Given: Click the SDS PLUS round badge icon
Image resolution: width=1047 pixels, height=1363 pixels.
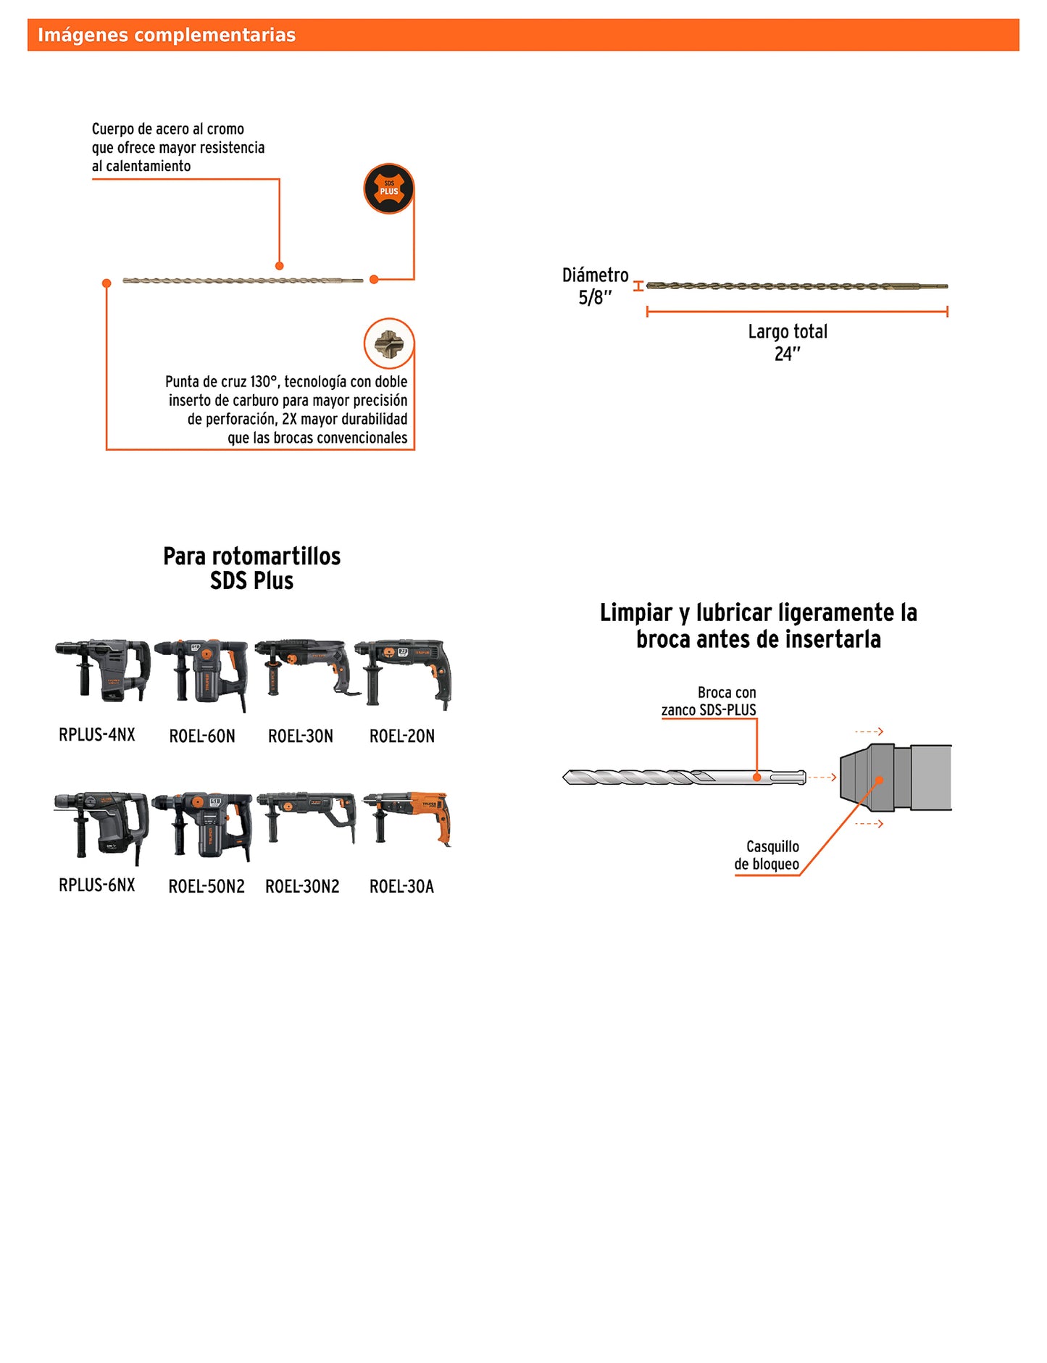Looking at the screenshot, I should pos(388,189).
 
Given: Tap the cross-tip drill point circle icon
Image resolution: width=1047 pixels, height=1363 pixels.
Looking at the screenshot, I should pos(389,343).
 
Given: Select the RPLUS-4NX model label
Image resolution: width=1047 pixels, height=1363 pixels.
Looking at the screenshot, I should pos(97,735).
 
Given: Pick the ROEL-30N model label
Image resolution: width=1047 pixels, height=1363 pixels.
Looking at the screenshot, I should pos(301,736).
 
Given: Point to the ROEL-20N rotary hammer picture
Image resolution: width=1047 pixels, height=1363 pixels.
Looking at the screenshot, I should pos(403,672).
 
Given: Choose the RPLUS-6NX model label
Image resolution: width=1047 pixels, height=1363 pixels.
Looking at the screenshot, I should pos(97,885).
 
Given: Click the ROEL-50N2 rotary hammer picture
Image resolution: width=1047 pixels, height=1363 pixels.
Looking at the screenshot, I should pos(204,826).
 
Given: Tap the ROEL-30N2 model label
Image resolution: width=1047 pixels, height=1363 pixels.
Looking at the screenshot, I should pos(302,886).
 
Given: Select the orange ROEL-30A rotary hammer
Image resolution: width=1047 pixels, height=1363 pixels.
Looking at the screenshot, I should pos(408,819).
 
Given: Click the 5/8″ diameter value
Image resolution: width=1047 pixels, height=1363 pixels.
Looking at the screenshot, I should pos(595,298).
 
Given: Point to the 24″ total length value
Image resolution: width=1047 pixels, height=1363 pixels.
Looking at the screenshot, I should pos(787,354).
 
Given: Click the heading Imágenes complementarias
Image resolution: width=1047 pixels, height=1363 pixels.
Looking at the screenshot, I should pos(167,35).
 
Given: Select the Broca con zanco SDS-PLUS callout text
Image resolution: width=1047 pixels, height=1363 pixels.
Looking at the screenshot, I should pos(709,701).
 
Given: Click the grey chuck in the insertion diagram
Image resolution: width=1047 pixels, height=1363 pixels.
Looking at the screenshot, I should pos(896,778).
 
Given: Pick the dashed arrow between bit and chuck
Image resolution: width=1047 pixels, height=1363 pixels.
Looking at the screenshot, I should pos(822,778).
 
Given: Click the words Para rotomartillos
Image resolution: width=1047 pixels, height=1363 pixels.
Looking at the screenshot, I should pos(251,557).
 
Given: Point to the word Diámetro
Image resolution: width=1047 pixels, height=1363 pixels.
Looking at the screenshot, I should pos(596,275).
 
